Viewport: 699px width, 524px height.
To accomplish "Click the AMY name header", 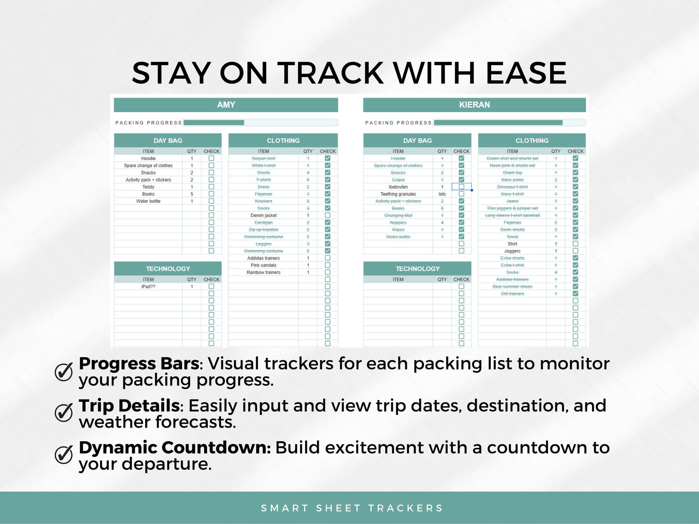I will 226,105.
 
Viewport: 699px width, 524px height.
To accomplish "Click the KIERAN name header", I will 474,105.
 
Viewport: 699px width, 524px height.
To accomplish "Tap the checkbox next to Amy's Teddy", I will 211,187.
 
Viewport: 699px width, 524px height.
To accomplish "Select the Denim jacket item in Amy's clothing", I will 263,215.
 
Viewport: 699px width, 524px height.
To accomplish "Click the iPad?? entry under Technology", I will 148,286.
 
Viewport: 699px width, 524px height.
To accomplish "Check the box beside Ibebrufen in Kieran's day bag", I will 461,187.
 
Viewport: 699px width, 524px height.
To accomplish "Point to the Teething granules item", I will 398,194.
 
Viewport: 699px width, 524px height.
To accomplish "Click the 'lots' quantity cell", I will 442,194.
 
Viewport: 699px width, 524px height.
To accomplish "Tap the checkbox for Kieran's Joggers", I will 575,251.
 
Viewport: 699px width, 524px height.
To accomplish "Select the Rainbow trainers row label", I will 263,272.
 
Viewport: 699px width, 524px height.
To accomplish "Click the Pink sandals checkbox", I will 327,265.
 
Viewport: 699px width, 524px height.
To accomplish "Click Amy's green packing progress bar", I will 214,123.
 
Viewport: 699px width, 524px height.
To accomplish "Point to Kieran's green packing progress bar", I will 498,123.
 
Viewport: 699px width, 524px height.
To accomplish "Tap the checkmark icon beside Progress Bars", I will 64,372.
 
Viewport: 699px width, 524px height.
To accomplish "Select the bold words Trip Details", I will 129,405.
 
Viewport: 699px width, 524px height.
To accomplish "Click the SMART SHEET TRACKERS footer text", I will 352,508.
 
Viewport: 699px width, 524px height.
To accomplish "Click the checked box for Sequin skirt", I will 327,158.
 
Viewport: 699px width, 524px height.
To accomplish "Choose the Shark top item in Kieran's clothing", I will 512,172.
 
